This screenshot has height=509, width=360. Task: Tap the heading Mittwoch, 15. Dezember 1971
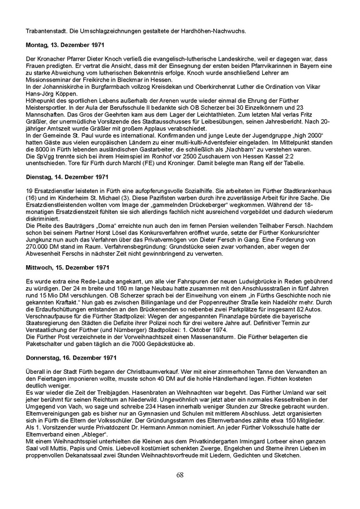point(62,266)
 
